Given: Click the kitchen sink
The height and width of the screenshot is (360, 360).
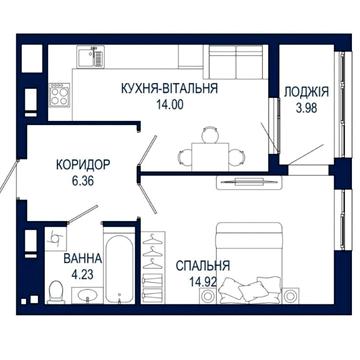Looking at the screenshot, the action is tap(91, 56).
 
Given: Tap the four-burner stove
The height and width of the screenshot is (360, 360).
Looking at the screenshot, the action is tap(60, 95).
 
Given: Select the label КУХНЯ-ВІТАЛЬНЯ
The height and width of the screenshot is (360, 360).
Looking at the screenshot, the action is tap(170, 89).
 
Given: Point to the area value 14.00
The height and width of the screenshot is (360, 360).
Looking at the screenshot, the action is tap(170, 105).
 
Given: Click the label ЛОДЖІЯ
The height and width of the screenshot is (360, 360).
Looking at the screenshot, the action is tap(306, 92).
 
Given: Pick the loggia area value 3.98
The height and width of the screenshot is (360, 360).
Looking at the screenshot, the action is tap(306, 108).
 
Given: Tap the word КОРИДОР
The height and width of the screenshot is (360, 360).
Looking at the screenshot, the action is tap(83, 165).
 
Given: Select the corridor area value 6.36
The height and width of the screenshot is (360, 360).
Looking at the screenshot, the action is tap(82, 181).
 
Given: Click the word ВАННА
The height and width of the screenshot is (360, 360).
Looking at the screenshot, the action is tap(83, 258).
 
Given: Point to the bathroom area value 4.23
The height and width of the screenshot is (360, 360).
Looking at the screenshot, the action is tap(82, 275).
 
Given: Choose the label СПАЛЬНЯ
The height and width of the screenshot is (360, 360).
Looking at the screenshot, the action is tap(203, 266).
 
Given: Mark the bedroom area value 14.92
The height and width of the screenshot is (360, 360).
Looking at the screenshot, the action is tap(203, 283).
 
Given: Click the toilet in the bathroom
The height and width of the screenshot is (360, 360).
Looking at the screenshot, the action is tap(55, 292).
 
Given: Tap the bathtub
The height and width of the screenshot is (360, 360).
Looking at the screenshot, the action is tap(119, 266).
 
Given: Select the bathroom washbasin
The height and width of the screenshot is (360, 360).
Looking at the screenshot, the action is tap(88, 295).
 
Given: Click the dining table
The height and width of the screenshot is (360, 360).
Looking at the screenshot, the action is tap(210, 156).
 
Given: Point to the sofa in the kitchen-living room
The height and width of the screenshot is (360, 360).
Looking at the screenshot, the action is tap(236, 62).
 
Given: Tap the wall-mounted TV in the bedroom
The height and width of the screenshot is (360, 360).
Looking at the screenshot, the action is tap(249, 182).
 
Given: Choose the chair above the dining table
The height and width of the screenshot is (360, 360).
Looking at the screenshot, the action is tap(210, 135).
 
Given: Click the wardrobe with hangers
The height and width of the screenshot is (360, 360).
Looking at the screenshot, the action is tap(153, 267).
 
